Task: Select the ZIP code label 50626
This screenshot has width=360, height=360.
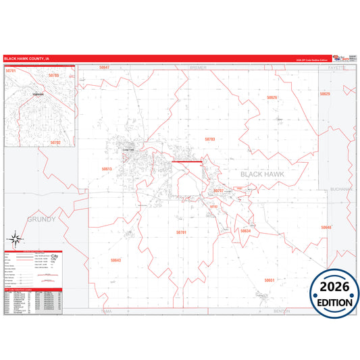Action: (x=272, y=98)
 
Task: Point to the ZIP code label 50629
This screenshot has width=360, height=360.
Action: (x=325, y=94)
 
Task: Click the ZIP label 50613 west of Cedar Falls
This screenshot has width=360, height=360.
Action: (x=107, y=169)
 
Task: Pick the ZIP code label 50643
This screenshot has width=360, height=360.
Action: (x=115, y=260)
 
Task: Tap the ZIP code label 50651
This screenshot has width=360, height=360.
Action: (x=269, y=280)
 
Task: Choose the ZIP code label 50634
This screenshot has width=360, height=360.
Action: (x=245, y=231)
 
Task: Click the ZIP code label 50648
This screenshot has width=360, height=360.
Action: (x=326, y=228)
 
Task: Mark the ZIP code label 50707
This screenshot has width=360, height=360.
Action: (x=218, y=191)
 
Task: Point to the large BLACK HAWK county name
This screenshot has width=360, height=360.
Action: (x=262, y=174)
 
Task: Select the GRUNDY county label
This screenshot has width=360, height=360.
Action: (x=41, y=220)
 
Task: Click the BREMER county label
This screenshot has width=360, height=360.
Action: (x=199, y=68)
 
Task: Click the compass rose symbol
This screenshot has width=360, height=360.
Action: (x=15, y=239)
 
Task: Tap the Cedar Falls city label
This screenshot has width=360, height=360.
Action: (x=128, y=149)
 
